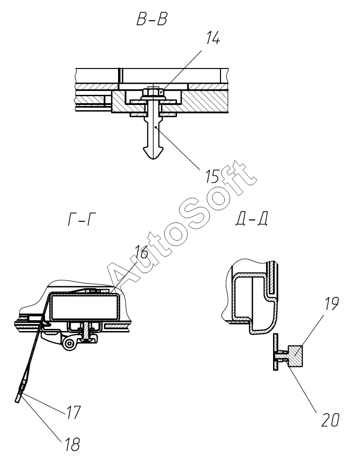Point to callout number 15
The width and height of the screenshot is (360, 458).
click(x=212, y=177)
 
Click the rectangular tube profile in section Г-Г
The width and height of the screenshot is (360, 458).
click(x=83, y=306)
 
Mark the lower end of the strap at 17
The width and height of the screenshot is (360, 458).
click(x=18, y=397)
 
